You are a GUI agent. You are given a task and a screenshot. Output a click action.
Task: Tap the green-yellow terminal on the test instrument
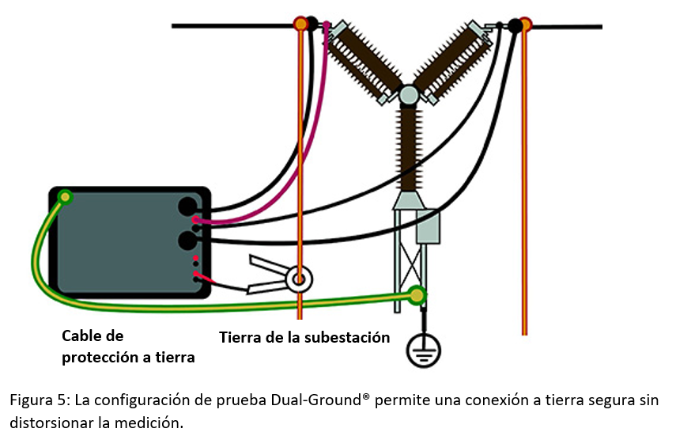click(63, 197)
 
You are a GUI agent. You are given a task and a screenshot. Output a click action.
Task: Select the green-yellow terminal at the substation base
click(416, 296)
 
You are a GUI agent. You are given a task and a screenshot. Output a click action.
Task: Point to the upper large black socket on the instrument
click(188, 207)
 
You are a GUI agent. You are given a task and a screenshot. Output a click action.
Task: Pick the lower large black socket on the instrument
click(188, 240)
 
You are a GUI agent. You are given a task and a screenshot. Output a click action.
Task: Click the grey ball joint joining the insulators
click(408, 96)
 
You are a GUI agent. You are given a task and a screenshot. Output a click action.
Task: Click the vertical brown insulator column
click(408, 150)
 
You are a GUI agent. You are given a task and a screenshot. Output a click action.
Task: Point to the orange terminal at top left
click(300, 24)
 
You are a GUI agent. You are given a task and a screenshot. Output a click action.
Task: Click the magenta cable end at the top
click(326, 27)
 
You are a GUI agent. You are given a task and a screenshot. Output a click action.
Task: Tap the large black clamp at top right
click(515, 26)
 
